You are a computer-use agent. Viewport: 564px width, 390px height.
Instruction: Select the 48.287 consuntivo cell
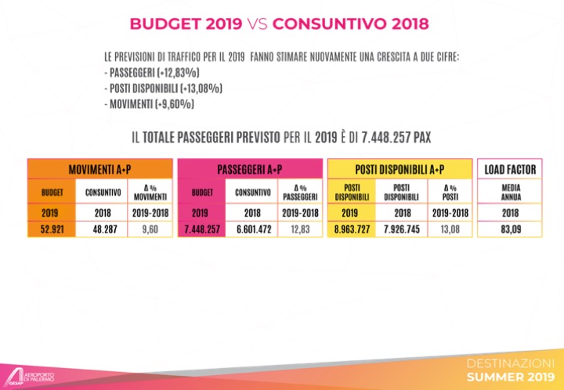99,229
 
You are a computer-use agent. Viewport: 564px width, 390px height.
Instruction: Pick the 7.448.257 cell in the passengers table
201,229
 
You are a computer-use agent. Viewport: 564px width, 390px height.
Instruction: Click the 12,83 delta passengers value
300,229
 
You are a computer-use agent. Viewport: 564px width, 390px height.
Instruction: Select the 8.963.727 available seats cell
352,229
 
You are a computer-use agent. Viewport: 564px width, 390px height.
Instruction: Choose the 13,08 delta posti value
450,229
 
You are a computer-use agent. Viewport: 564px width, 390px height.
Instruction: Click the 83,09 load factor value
505,229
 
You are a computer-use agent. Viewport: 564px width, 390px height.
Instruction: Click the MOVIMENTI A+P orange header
99,170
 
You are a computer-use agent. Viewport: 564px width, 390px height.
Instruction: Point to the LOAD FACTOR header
505,170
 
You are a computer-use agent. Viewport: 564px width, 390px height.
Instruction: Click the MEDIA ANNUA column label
505,192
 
